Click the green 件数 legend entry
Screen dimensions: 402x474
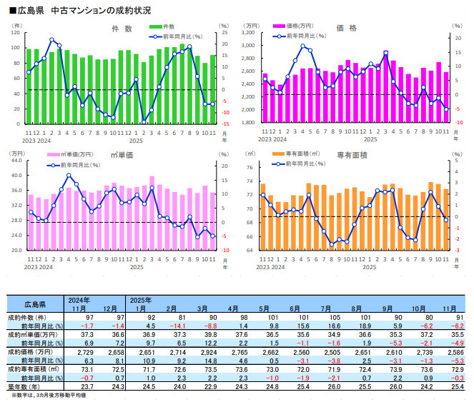click(166, 26)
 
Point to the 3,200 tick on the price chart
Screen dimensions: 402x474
click(248, 33)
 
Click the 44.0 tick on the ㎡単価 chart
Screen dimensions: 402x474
click(15, 161)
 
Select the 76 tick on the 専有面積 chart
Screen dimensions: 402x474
click(250, 168)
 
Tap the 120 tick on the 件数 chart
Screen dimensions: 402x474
click(16, 33)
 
